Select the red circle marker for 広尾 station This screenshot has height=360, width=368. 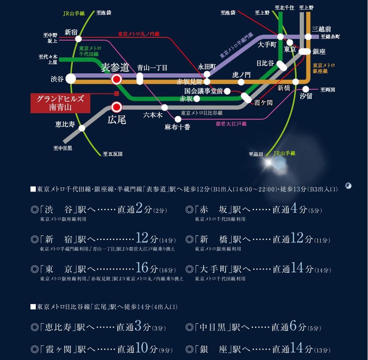[116, 107]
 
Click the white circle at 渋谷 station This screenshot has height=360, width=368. [71, 79]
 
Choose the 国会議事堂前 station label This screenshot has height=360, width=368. [203, 91]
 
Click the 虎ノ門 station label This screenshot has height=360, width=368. [241, 74]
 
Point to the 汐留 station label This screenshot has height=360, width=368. [306, 96]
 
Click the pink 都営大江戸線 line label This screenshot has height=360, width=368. [231, 124]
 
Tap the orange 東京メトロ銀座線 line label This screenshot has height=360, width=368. [323, 68]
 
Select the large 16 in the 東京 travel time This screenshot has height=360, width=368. [142, 268]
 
